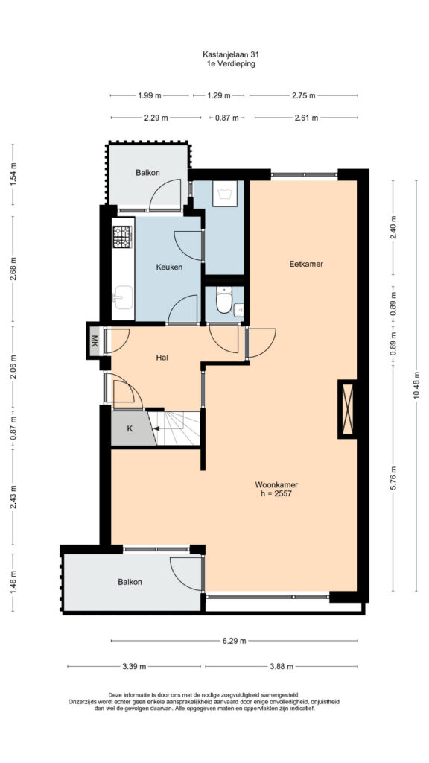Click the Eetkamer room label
[x=306, y=265]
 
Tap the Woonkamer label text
[x=276, y=484]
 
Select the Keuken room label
[x=169, y=267]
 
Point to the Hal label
[x=162, y=358]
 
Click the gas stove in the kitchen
[x=123, y=237]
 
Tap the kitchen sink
[x=123, y=297]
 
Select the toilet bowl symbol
[x=224, y=300]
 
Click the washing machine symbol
[x=225, y=193]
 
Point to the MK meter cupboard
[x=95, y=340]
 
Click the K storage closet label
[x=130, y=428]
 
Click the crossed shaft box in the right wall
[x=347, y=409]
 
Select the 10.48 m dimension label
[x=416, y=387]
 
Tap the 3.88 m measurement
[x=281, y=667]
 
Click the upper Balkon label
[x=148, y=173]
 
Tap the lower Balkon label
[x=130, y=582]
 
